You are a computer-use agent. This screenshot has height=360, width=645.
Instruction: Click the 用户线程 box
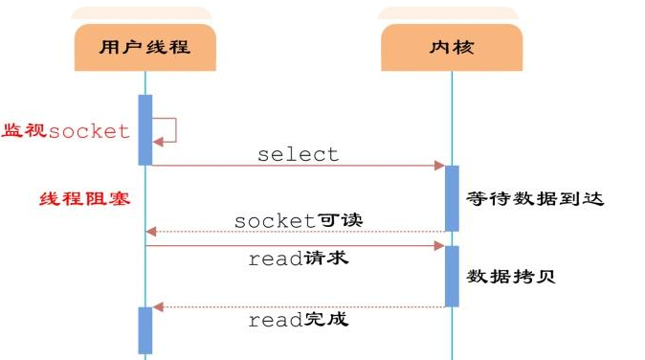pyautogui.click(x=145, y=47)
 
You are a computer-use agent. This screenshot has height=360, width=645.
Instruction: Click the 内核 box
pyautogui.click(x=451, y=47)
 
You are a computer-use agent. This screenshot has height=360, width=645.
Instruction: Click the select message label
pyautogui.click(x=298, y=154)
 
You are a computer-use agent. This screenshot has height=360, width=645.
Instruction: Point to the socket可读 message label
pyautogui.click(x=298, y=220)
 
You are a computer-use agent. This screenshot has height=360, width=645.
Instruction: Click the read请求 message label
pyautogui.click(x=298, y=259)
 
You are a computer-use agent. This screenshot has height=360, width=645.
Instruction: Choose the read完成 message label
pyautogui.click(x=298, y=320)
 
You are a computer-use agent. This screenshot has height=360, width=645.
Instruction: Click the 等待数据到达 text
pyautogui.click(x=536, y=199)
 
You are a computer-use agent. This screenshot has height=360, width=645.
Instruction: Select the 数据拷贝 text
pyautogui.click(x=512, y=276)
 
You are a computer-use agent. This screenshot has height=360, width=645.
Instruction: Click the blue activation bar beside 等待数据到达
pyautogui.click(x=452, y=197)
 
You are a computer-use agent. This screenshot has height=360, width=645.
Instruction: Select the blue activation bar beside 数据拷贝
pyautogui.click(x=452, y=276)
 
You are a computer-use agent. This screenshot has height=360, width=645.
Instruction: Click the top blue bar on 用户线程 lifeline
pyautogui.click(x=145, y=129)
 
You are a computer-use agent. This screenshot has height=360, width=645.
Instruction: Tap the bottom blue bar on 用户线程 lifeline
pyautogui.click(x=145, y=329)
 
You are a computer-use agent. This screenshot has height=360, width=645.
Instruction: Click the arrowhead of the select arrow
pyautogui.click(x=439, y=166)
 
